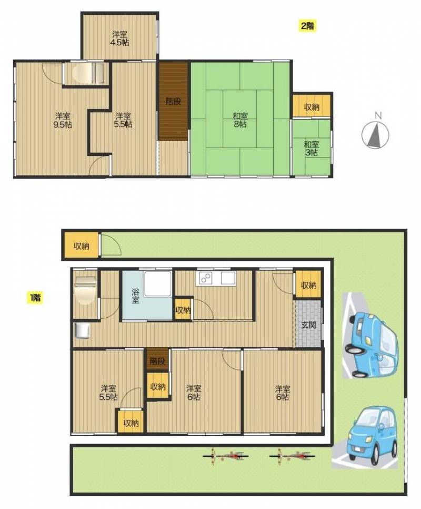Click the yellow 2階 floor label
tap(307, 26)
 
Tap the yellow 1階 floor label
tap(35, 297)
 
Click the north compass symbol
tap(375, 133)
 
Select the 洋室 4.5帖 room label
tap(119, 38)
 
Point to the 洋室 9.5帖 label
tap(62, 120)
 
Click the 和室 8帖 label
tap(240, 120)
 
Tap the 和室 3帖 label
tap(311, 148)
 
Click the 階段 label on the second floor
tap(173, 101)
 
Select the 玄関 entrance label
tap(308, 325)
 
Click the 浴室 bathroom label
tap(135, 296)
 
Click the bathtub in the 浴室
tap(157, 283)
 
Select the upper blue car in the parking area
tap(370, 345)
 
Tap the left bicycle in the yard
tap(226, 456)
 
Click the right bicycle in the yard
tap(292, 456)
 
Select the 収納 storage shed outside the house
tap(81, 246)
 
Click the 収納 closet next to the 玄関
tap(308, 285)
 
